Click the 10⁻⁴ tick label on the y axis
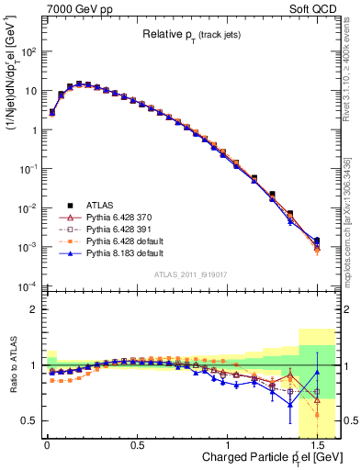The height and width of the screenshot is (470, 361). pos(28,285)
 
